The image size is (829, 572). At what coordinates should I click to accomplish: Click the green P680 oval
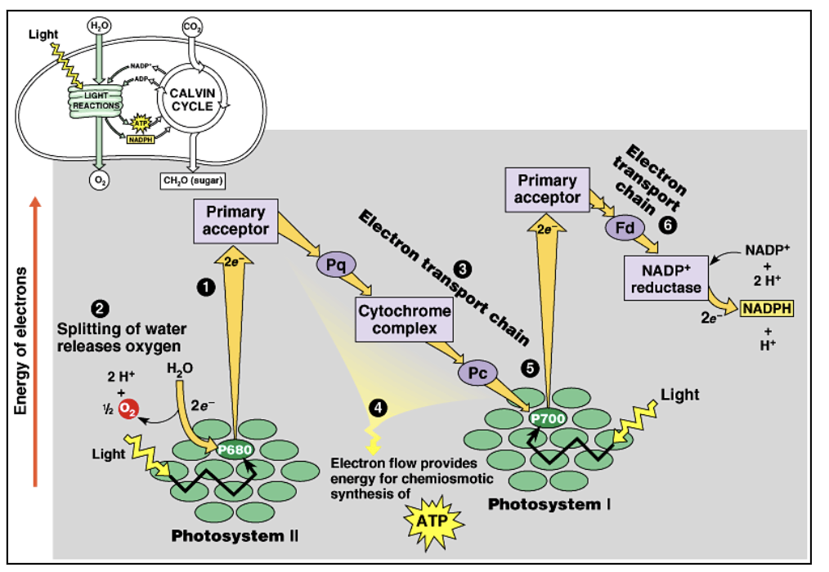pyautogui.click(x=235, y=449)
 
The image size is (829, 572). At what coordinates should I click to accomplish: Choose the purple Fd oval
pyautogui.click(x=625, y=228)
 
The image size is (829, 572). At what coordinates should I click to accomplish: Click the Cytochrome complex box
pyautogui.click(x=404, y=320)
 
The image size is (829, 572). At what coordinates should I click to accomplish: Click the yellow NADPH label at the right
pyautogui.click(x=767, y=308)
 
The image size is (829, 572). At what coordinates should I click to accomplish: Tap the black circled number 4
pyautogui.click(x=375, y=406)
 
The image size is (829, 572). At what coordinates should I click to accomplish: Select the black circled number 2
pyautogui.click(x=99, y=309)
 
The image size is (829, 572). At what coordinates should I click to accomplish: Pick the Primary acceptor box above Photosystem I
pyautogui.click(x=547, y=189)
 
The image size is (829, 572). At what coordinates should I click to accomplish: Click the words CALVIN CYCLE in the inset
pyautogui.click(x=191, y=100)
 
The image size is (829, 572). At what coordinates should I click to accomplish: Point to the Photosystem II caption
pyautogui.click(x=235, y=536)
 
